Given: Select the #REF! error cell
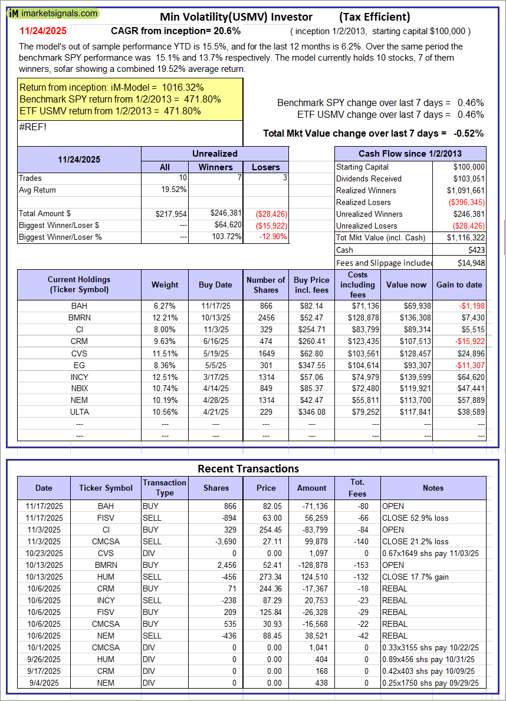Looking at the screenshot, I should [33, 125].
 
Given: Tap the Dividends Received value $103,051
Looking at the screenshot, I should [469, 178].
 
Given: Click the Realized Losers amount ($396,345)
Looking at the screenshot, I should [468, 202].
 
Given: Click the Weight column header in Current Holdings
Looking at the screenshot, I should [165, 285].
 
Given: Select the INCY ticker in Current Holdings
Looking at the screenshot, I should [79, 376].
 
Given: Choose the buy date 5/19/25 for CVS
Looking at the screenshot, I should [215, 352].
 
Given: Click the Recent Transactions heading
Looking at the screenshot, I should [248, 469].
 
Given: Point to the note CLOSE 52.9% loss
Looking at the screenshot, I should [415, 518].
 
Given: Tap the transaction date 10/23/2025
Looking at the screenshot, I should [44, 553].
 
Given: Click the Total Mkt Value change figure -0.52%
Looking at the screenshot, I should [468, 133].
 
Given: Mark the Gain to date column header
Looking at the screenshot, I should [459, 285].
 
